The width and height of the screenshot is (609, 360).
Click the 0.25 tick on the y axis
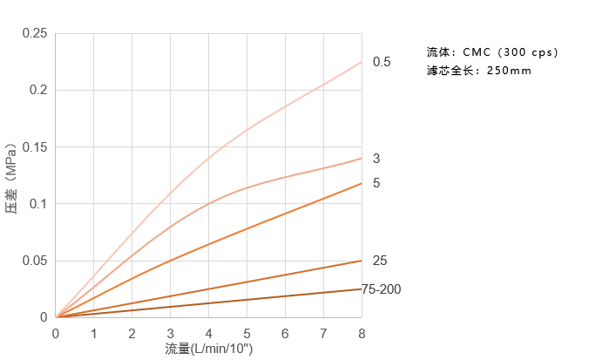coord(36,33)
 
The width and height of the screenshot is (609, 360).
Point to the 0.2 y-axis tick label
coord(39,90)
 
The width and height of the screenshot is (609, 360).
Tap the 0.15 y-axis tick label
coord(36,146)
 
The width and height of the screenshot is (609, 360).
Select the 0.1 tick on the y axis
coord(39,204)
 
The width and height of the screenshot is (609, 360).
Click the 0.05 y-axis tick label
coord(36,261)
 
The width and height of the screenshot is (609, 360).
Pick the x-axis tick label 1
coord(94,334)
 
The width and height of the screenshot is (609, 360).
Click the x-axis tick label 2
coord(132,334)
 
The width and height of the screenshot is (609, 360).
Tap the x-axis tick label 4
coord(208,334)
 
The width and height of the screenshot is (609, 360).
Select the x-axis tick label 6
coord(285,334)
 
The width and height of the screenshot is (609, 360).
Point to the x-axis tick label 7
coord(323,334)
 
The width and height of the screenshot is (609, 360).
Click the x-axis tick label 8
coord(361,334)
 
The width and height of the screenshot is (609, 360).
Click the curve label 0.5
coord(382,63)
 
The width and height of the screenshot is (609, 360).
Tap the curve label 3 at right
coord(376,159)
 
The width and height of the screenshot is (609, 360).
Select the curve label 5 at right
coord(376,183)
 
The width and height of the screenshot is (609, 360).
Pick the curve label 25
coord(380,261)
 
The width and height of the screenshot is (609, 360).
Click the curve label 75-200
coord(382,289)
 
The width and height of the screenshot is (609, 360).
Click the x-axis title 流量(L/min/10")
coord(209,349)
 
